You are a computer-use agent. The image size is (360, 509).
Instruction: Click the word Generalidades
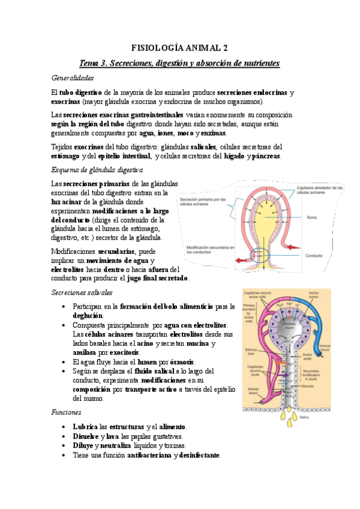click(73, 78)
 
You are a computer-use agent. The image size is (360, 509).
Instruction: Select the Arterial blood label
click(251, 392)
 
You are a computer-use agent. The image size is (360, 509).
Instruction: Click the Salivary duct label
click(252, 352)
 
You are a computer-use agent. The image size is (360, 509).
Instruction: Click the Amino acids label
click(307, 356)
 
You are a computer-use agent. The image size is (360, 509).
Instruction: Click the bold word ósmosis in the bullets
click(181, 363)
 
